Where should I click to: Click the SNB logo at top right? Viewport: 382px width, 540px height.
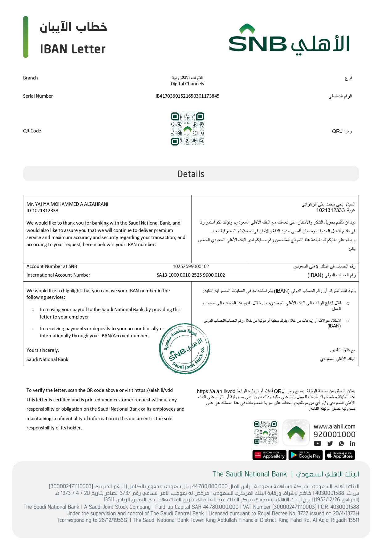(289, 39)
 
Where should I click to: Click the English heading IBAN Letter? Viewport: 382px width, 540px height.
(73, 49)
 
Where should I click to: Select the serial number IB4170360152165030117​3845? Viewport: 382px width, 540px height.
(187, 96)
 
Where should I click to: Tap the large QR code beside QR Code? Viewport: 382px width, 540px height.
(187, 129)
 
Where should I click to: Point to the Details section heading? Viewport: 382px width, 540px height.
(191, 174)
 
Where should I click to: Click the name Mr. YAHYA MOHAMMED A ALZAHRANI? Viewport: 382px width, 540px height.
(67, 204)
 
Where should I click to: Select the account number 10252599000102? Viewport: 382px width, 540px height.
(191, 266)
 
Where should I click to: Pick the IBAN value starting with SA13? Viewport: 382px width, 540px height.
(191, 275)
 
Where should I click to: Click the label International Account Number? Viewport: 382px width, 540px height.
(58, 275)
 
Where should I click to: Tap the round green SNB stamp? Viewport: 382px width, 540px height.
(185, 349)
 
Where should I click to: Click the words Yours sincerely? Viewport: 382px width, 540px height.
(43, 350)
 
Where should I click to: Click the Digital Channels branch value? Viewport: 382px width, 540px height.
(187, 84)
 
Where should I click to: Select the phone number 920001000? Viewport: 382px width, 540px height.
(334, 435)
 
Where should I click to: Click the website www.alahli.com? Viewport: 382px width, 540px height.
(334, 427)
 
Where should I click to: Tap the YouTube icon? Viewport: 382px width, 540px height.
(317, 444)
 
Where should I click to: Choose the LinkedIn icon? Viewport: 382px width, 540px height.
(352, 444)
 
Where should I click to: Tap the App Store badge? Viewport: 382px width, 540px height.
(340, 455)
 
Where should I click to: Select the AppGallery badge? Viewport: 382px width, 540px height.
(270, 455)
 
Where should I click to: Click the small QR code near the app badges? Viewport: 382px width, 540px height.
(265, 432)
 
